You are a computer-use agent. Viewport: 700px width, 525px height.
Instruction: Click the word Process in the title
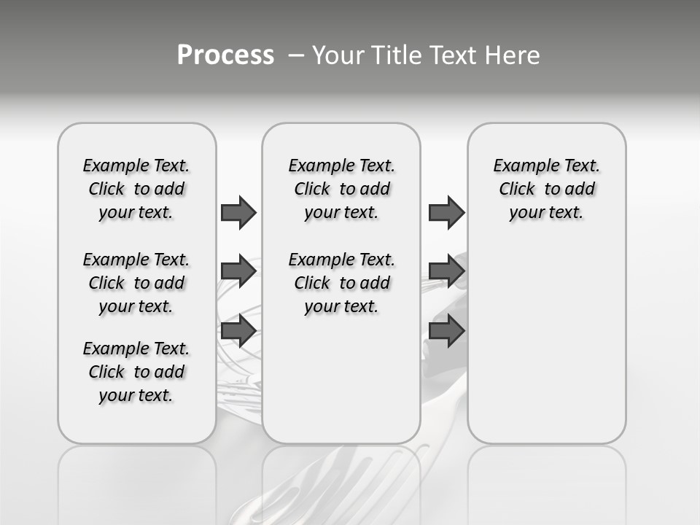[225, 55]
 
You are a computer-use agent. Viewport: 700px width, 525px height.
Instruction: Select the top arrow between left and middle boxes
[238, 212]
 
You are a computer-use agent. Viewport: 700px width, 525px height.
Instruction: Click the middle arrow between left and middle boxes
[238, 271]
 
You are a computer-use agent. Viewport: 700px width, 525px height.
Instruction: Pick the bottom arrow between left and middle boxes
[238, 330]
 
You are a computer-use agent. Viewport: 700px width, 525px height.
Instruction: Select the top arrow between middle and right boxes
[446, 212]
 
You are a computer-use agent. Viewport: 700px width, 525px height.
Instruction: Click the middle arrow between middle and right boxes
[446, 271]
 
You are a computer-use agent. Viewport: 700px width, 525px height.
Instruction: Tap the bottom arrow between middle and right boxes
[446, 330]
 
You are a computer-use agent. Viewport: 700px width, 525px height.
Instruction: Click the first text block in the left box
[136, 189]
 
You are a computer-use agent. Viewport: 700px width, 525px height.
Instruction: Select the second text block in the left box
[136, 283]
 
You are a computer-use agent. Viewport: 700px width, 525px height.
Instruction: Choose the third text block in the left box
[136, 372]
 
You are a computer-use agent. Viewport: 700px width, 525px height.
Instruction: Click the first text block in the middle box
[341, 189]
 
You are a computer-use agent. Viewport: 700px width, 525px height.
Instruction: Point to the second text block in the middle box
[341, 283]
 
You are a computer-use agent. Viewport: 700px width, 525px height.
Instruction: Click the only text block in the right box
[546, 189]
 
